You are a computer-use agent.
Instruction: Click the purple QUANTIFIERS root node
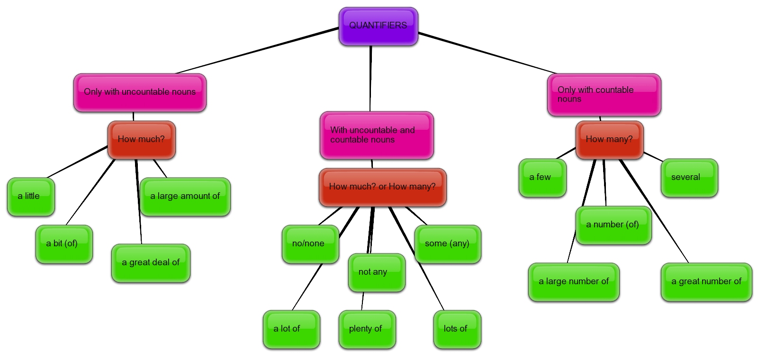[378, 26]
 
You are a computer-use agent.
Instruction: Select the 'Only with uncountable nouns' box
[140, 92]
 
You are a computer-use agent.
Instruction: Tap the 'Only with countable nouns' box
[604, 95]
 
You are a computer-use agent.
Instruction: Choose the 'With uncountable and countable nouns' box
[377, 135]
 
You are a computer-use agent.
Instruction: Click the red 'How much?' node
[141, 140]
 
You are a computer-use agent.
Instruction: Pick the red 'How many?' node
[609, 140]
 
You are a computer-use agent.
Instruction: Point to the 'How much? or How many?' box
[382, 187]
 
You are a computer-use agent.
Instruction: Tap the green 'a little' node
[31, 197]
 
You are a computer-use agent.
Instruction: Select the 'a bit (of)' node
[64, 244]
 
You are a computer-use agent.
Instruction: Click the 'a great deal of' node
[151, 263]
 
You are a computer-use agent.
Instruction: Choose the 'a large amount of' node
[185, 197]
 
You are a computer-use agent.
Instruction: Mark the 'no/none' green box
[310, 244]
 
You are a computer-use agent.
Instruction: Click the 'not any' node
[377, 272]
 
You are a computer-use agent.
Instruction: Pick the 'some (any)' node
[448, 244]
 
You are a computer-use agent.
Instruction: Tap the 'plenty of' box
[367, 329]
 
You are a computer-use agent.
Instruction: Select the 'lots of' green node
[457, 329]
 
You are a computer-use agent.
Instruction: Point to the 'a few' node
[542, 178]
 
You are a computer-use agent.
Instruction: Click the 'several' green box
[689, 178]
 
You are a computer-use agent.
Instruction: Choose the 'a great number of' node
[706, 282]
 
